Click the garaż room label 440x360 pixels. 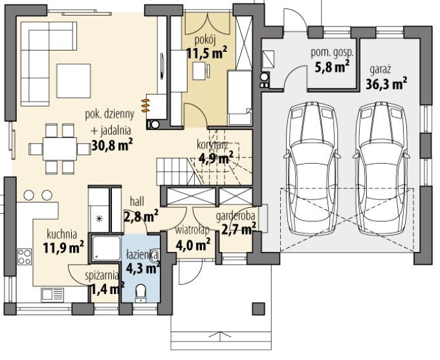[x=380, y=70]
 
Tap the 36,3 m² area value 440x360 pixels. [x=386, y=84]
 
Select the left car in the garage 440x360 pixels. [x=311, y=168]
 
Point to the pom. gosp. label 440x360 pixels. [x=332, y=53]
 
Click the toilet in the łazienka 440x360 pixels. [x=140, y=293]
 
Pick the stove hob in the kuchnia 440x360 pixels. [x=25, y=256]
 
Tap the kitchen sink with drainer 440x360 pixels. [x=52, y=295]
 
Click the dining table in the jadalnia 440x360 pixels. [x=60, y=148]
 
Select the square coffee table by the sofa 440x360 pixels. [x=74, y=80]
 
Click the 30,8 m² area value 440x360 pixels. [x=112, y=144]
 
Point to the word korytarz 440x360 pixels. [x=212, y=146]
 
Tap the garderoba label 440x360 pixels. [x=236, y=216]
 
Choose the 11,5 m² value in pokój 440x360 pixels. [x=207, y=52]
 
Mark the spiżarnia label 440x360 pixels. [x=102, y=276]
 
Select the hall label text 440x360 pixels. [x=137, y=201]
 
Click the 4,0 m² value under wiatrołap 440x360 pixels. [x=193, y=245]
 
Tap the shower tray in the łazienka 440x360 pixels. [x=106, y=248]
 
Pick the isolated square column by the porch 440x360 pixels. [x=258, y=309]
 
